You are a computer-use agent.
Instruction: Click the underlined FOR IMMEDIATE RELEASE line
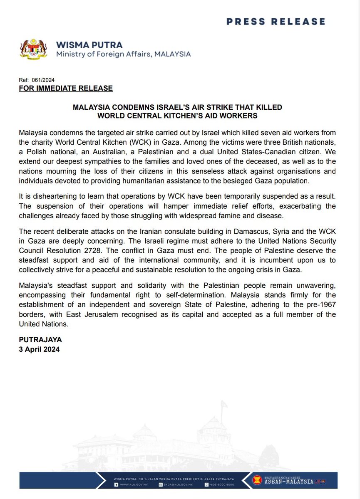tap(66, 88)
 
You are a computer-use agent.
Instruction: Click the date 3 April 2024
tap(40, 349)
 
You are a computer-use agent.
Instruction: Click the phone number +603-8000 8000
tap(222, 485)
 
